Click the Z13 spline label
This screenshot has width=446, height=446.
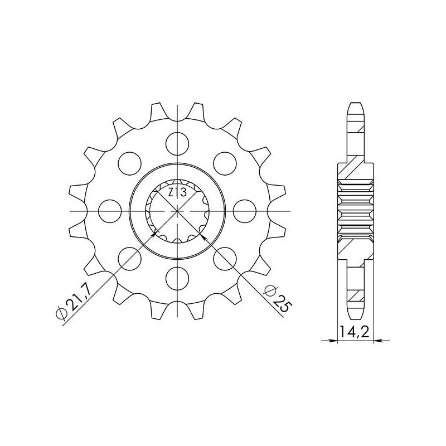(x=177, y=193)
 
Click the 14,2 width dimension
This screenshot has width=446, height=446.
(x=355, y=332)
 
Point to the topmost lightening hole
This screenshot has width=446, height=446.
(x=177, y=144)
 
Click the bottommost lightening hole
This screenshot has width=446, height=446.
(x=177, y=279)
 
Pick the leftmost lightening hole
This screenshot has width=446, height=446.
(x=109, y=211)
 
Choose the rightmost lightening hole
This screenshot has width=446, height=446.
(x=245, y=211)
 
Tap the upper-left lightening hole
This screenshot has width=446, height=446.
(x=130, y=163)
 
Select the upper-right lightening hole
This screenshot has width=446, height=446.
(x=225, y=163)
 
